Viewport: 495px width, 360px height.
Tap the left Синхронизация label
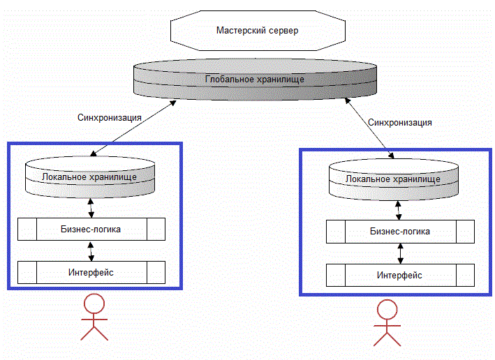point(110,117)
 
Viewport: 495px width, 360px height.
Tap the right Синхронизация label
point(399,122)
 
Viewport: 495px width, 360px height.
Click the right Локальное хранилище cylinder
point(394,179)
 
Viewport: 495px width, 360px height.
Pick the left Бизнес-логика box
point(91,228)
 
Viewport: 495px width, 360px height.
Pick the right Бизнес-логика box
point(399,232)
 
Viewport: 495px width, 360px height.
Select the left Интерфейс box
point(91,272)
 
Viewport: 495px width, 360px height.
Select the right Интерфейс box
point(399,275)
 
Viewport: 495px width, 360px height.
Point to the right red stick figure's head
point(387,310)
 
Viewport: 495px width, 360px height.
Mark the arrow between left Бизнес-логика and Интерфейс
point(91,251)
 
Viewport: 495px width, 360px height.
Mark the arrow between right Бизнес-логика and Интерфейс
point(399,253)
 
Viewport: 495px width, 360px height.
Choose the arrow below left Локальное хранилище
point(91,207)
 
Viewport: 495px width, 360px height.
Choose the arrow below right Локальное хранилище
point(399,209)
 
